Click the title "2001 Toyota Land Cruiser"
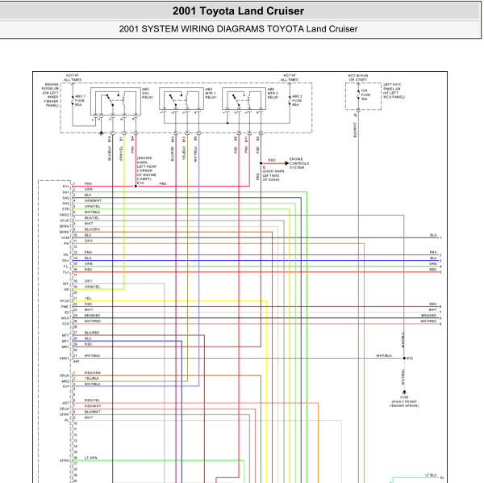coord(238,11)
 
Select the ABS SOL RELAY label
coord(146,93)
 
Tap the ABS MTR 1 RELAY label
coord(210,93)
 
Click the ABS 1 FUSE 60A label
coord(78,100)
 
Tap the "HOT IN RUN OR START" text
coord(357,78)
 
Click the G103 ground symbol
coord(404,392)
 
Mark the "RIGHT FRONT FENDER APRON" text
coord(404,403)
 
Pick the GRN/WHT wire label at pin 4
coord(93,200)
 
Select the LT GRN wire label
coord(90,458)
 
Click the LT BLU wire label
coord(430,476)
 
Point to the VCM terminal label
coord(65,237)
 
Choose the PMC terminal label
coord(65,306)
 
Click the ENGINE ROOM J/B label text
coord(51,94)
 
